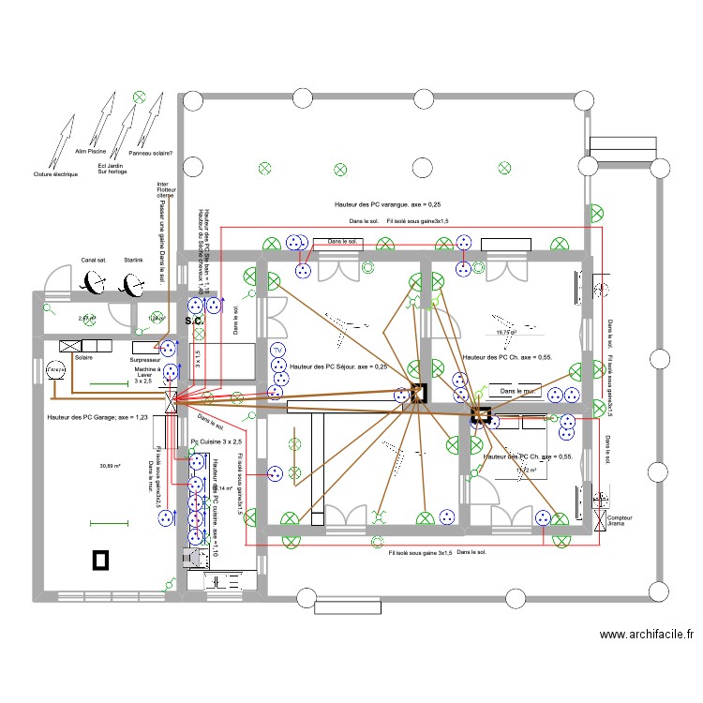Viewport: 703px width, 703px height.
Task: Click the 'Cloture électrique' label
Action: (x=55, y=174)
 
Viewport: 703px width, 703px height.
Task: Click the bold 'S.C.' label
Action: (x=194, y=321)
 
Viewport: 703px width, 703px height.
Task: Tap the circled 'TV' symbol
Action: (x=277, y=351)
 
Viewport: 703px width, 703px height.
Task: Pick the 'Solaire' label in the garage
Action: (x=83, y=359)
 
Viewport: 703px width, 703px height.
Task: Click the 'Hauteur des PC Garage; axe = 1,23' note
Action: (x=97, y=416)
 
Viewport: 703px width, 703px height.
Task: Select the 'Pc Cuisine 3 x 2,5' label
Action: (x=216, y=441)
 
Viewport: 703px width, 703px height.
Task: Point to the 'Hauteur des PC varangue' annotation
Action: (x=387, y=203)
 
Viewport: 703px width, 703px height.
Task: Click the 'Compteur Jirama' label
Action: (x=619, y=521)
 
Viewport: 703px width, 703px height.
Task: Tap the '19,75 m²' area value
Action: (x=506, y=332)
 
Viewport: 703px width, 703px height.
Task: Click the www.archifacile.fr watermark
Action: (x=646, y=635)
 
